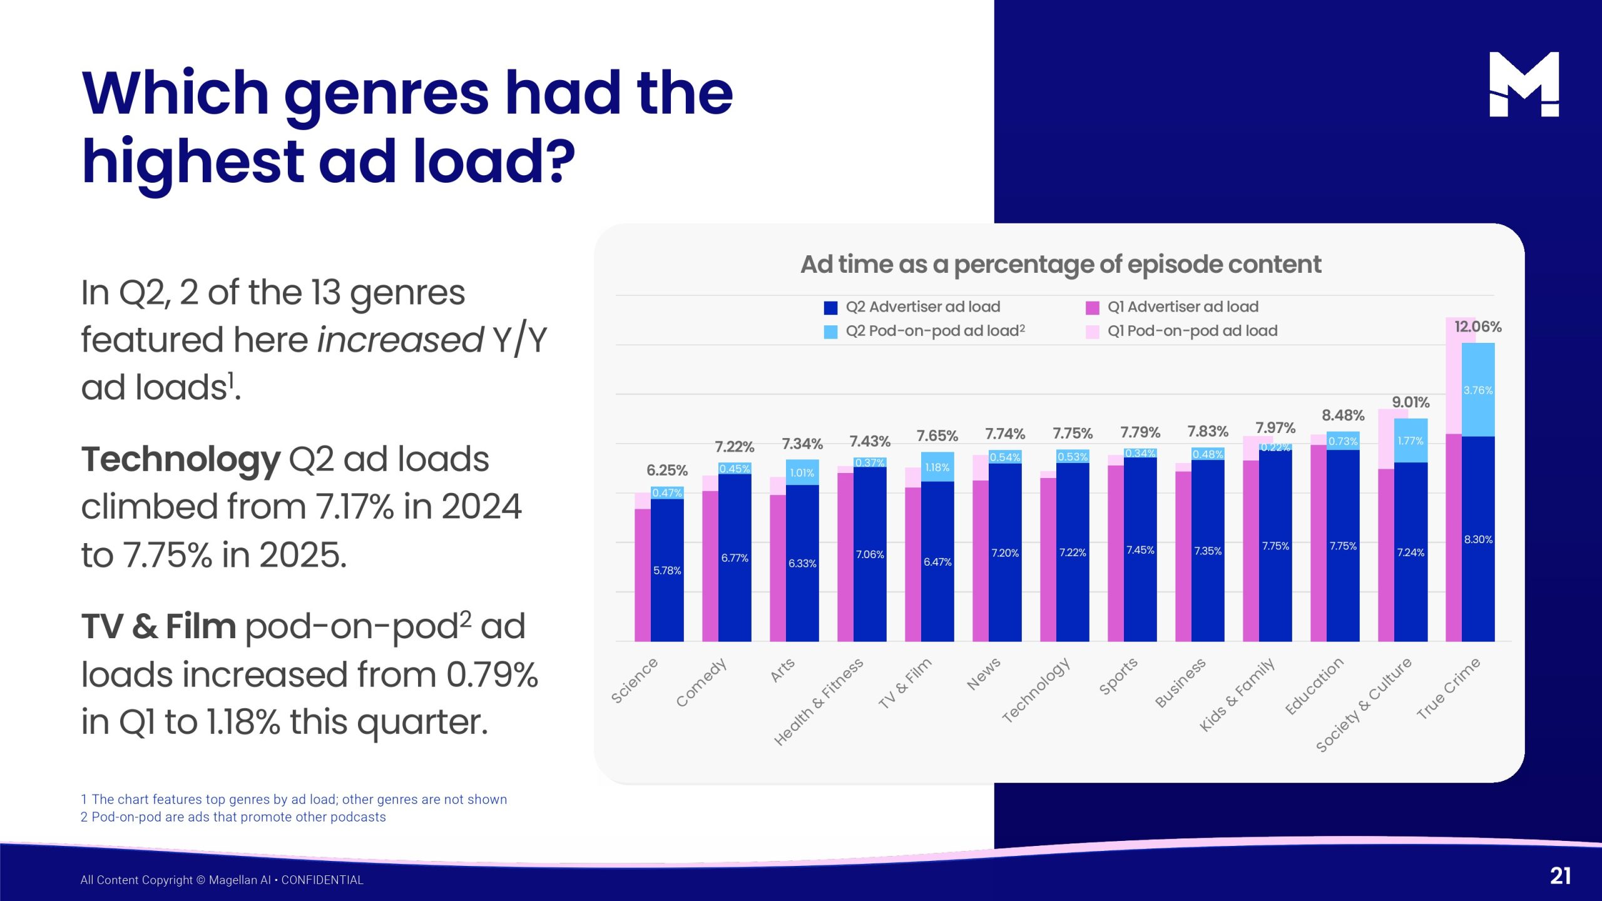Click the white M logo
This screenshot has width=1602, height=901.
click(x=1523, y=84)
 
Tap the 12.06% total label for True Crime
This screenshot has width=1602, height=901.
click(x=1477, y=327)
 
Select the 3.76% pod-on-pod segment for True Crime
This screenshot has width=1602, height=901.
click(x=1477, y=390)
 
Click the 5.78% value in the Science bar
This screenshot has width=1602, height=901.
click(x=666, y=571)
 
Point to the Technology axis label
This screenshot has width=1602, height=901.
click(x=1036, y=690)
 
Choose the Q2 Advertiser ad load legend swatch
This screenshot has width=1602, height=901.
click(x=830, y=308)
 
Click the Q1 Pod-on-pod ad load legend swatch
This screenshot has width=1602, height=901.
click(x=1092, y=332)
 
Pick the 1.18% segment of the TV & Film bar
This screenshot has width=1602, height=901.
click(x=937, y=467)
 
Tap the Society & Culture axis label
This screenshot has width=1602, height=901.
click(x=1364, y=705)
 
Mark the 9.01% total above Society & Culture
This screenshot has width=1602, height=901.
click(x=1410, y=402)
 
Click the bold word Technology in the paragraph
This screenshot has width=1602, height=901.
click(x=181, y=459)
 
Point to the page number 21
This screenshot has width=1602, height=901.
click(x=1560, y=876)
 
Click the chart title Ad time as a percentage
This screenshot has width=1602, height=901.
click(x=1061, y=265)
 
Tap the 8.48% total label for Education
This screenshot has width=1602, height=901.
click(x=1342, y=415)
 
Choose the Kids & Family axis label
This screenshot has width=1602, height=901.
click(x=1237, y=694)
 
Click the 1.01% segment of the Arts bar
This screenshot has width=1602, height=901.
click(x=802, y=473)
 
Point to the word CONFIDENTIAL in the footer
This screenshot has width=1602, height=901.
click(x=322, y=880)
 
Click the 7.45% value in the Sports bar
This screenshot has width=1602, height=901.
click(x=1140, y=550)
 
